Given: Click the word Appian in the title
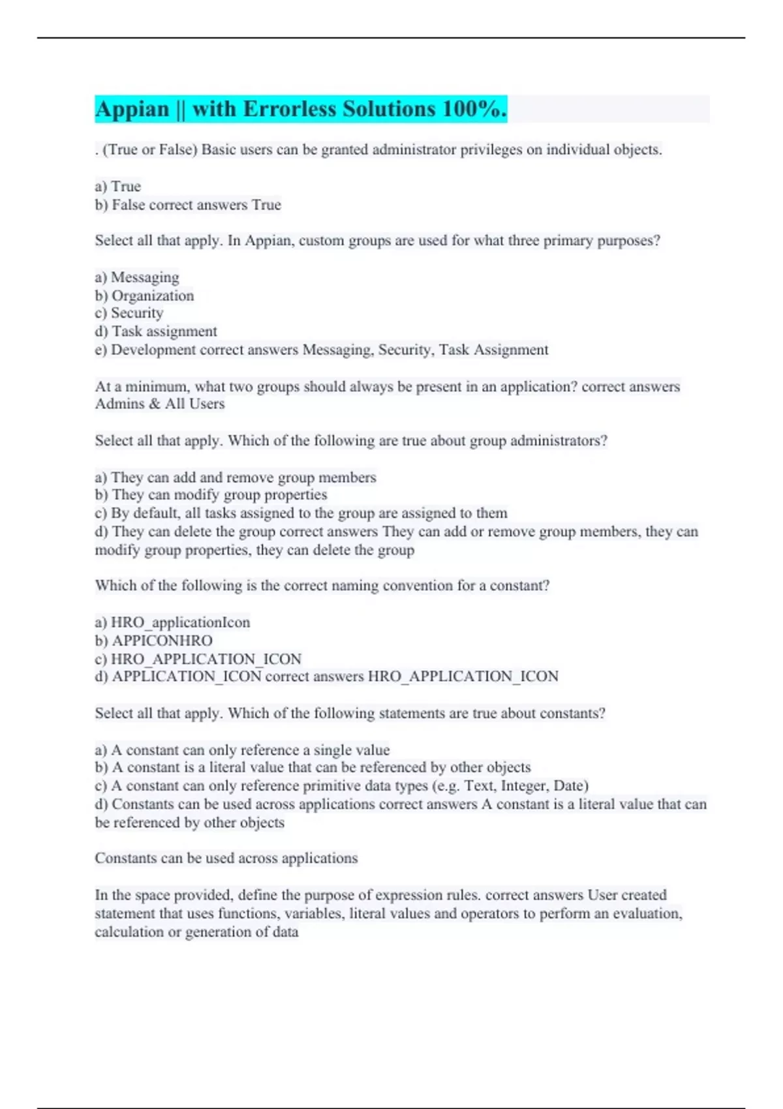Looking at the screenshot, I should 132,109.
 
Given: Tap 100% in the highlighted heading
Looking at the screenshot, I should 474,109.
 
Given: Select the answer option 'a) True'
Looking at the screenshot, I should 118,187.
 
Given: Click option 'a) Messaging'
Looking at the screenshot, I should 137,277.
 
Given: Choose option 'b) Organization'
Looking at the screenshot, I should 144,296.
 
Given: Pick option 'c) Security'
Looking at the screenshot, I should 129,313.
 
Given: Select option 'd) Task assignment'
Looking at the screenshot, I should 156,331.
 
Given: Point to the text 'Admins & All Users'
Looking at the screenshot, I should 160,404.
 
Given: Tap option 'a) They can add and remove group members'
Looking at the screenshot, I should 236,478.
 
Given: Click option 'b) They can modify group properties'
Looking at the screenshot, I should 211,495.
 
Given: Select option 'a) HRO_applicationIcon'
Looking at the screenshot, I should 172,622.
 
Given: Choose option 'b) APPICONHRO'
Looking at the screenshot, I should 154,641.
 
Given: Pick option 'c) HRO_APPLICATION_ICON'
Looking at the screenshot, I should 198,659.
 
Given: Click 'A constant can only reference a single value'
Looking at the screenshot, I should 251,750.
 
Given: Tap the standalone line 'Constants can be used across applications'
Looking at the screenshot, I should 226,858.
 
